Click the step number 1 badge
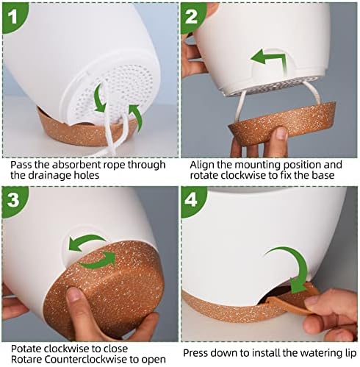point(13,16)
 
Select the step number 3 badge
point(13,200)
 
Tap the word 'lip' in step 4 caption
point(351,353)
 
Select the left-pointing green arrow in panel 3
point(87,241)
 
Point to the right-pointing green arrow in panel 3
point(98,260)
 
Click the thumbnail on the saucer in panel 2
point(281,133)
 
